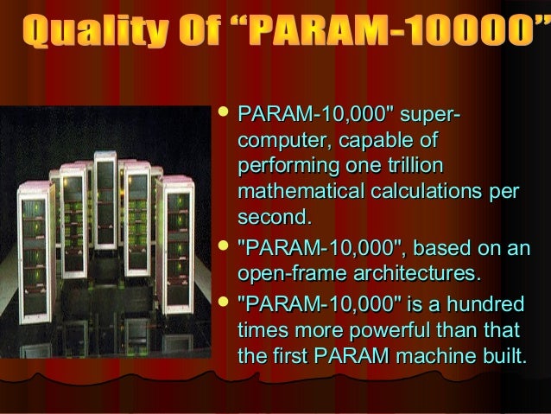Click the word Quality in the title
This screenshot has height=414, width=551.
click(x=84, y=35)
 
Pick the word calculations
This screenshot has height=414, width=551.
click(x=431, y=188)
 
